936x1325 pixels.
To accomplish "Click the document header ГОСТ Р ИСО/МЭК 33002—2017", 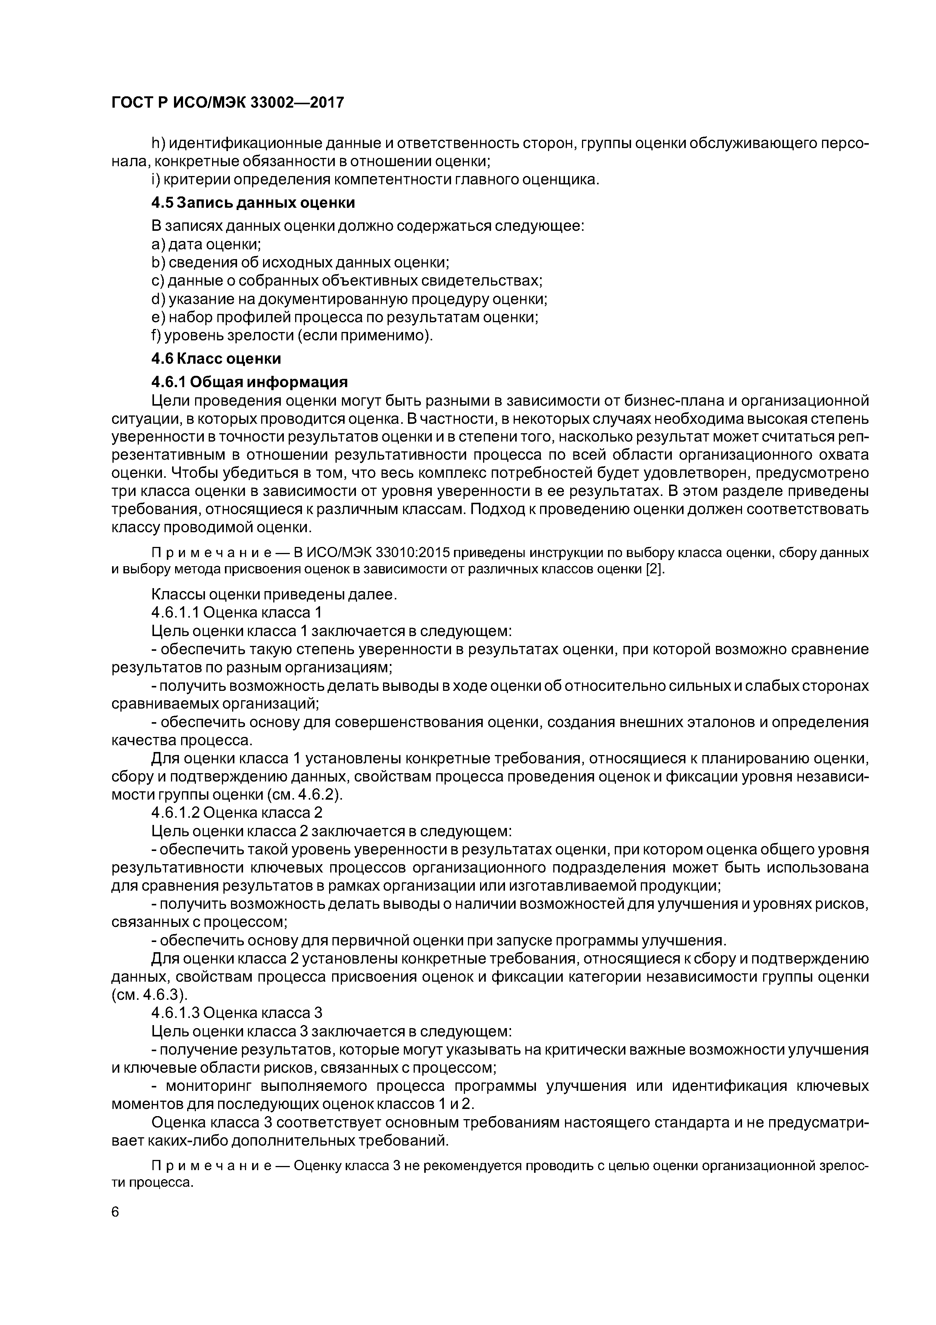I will [227, 103].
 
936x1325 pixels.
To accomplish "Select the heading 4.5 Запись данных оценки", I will [252, 203].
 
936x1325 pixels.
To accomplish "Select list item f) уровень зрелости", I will [291, 335].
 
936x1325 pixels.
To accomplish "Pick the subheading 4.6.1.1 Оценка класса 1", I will [236, 612].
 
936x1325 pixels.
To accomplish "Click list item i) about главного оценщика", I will [375, 180].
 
